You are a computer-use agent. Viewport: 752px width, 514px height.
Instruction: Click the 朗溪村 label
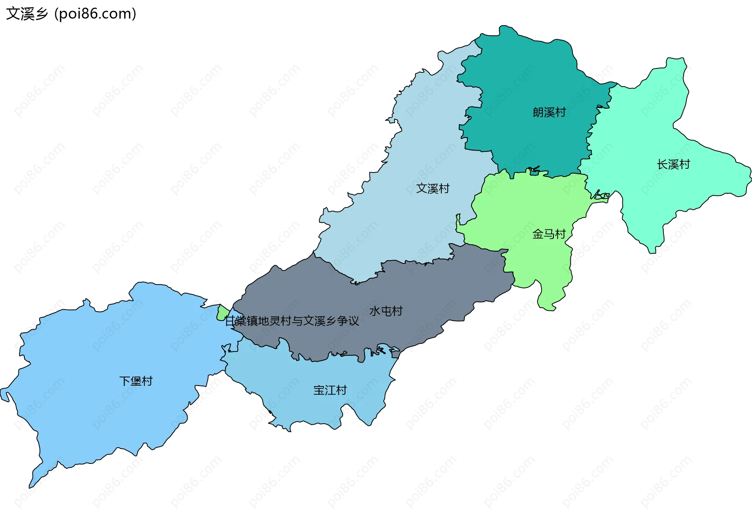pyautogui.click(x=549, y=112)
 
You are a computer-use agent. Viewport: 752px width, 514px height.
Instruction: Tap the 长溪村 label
pyautogui.click(x=673, y=164)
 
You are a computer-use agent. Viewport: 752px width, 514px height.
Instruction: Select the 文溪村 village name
pyautogui.click(x=433, y=188)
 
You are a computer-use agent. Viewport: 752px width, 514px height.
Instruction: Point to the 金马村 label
pyautogui.click(x=549, y=234)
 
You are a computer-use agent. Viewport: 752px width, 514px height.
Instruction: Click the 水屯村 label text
pyautogui.click(x=386, y=311)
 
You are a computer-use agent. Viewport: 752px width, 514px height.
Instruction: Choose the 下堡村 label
pyautogui.click(x=136, y=381)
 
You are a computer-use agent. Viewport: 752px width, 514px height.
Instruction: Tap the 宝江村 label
pyautogui.click(x=330, y=390)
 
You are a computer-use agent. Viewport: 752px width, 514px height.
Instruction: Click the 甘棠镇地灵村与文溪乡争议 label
pyautogui.click(x=292, y=321)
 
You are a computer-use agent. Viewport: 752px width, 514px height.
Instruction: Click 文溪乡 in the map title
pyautogui.click(x=27, y=14)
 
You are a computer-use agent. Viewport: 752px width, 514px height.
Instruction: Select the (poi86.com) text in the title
pyautogui.click(x=95, y=14)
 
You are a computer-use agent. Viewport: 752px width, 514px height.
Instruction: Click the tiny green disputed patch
pyautogui.click(x=222, y=313)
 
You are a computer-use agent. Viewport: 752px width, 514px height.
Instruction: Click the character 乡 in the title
pyautogui.click(x=41, y=14)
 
